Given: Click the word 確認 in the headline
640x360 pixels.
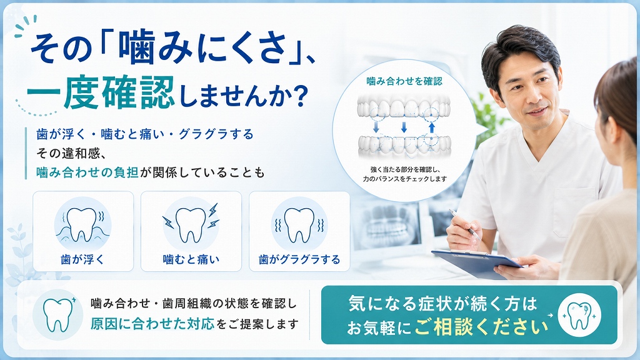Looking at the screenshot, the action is click(x=138, y=92).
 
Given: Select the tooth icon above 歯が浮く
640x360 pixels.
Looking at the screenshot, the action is click(x=83, y=224).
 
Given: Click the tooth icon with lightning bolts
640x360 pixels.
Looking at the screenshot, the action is click(x=191, y=224).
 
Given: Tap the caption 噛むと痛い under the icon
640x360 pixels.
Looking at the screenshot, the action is click(x=191, y=259).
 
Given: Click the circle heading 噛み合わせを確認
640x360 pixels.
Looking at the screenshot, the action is click(x=404, y=81).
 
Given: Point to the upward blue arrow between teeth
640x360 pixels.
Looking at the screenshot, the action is click(x=431, y=127).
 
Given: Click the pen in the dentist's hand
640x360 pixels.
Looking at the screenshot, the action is click(x=465, y=224).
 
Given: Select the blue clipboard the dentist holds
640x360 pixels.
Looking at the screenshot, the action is click(x=477, y=263).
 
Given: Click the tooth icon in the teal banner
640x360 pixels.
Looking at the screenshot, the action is click(x=579, y=315).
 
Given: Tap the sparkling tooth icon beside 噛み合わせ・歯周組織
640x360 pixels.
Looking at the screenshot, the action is click(x=57, y=314).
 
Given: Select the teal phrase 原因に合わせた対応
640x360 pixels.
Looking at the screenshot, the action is click(x=152, y=324).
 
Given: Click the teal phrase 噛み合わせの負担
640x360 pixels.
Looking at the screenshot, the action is click(x=87, y=172).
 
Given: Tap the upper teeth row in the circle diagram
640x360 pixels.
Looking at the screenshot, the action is click(x=404, y=107).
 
